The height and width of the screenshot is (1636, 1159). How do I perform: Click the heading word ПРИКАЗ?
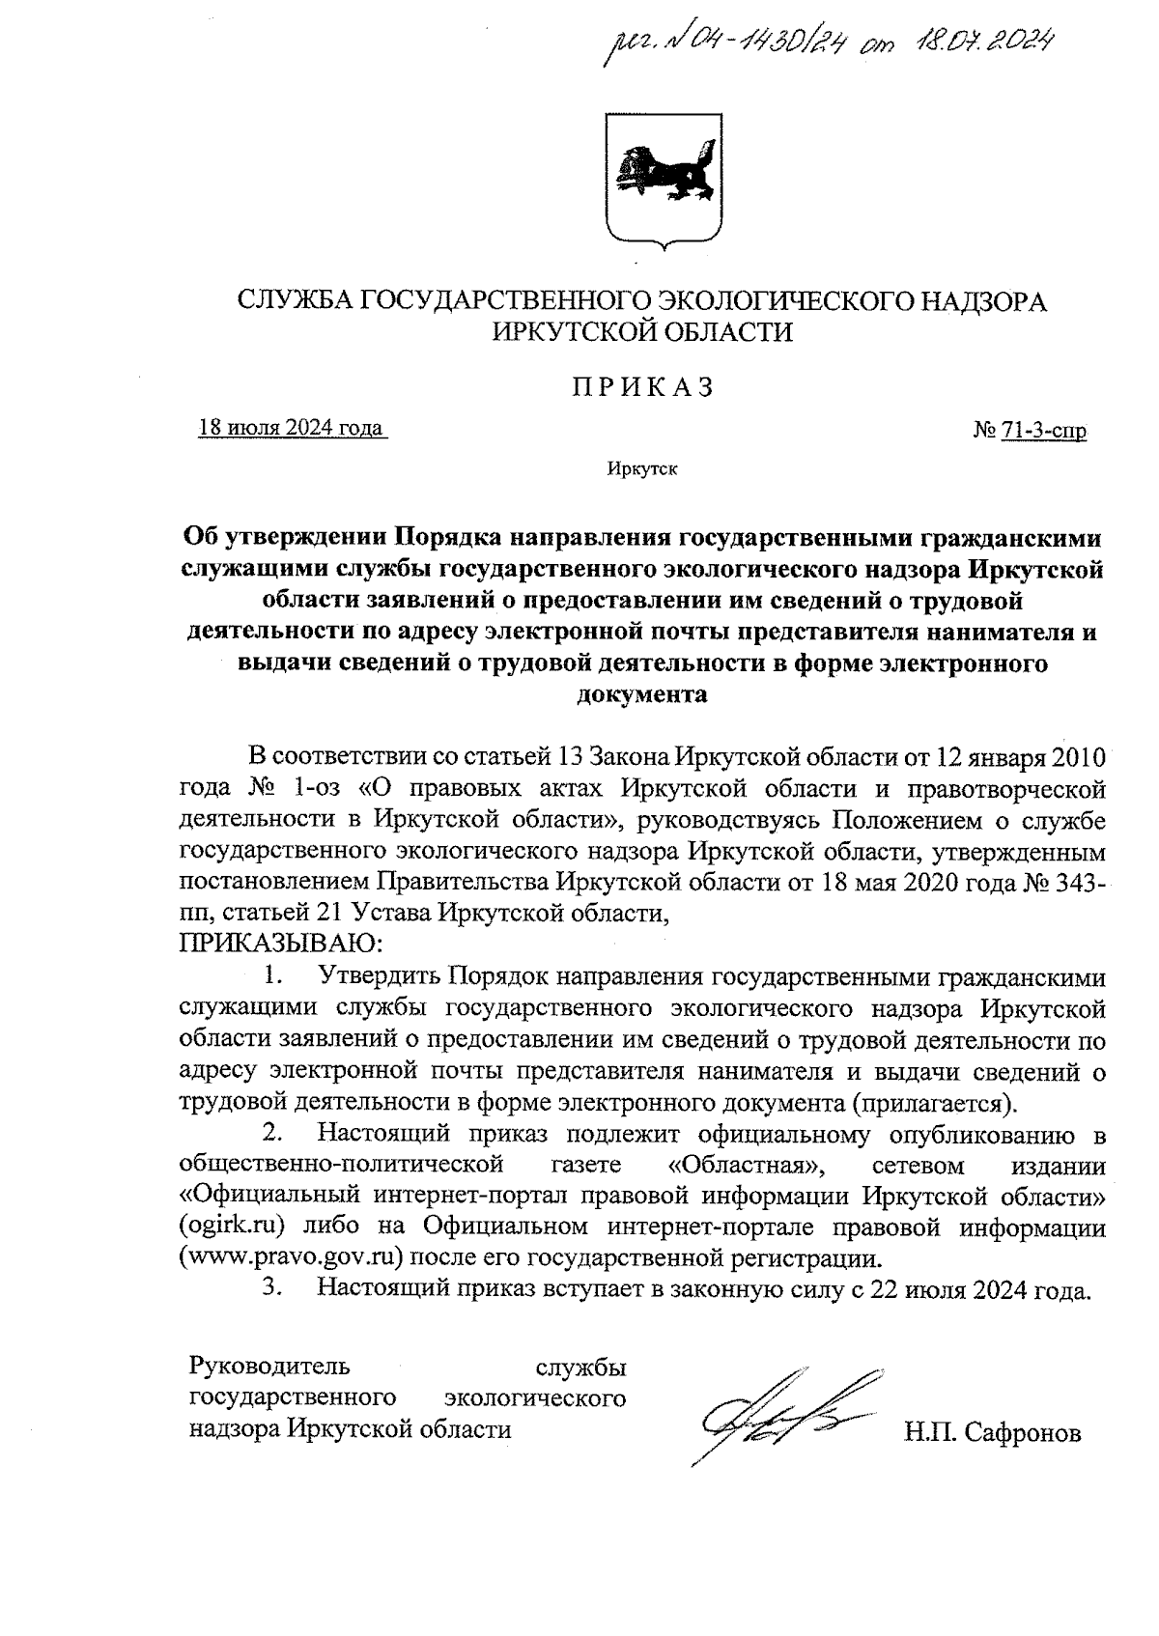click(x=642, y=387)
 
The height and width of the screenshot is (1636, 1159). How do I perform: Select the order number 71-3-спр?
click(x=1043, y=431)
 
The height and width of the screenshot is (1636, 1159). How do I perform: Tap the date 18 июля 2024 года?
click(x=291, y=427)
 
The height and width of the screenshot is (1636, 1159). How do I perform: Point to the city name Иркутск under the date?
click(x=642, y=470)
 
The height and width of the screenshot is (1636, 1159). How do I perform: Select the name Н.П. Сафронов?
click(x=992, y=1432)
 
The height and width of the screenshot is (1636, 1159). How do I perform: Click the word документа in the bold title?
click(x=642, y=694)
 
